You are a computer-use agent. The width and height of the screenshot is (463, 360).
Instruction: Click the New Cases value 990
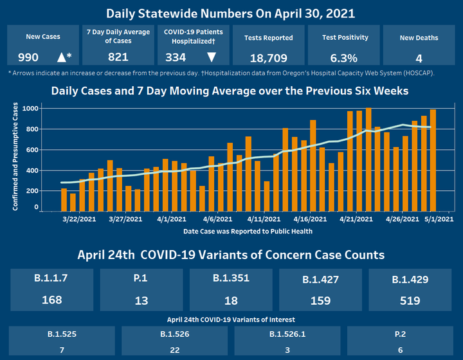click(28, 57)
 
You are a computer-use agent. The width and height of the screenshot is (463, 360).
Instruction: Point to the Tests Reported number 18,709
click(269, 57)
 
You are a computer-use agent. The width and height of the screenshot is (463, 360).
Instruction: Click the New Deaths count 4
click(419, 57)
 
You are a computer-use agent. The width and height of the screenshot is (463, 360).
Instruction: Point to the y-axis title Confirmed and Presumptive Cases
click(15, 156)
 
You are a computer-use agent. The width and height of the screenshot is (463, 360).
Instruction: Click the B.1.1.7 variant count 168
click(52, 300)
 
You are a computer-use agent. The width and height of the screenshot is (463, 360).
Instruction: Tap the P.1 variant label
click(141, 279)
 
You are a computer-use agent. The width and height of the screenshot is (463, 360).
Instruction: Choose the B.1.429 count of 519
click(410, 300)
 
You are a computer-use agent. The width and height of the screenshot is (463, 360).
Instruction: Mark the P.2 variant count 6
click(399, 349)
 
